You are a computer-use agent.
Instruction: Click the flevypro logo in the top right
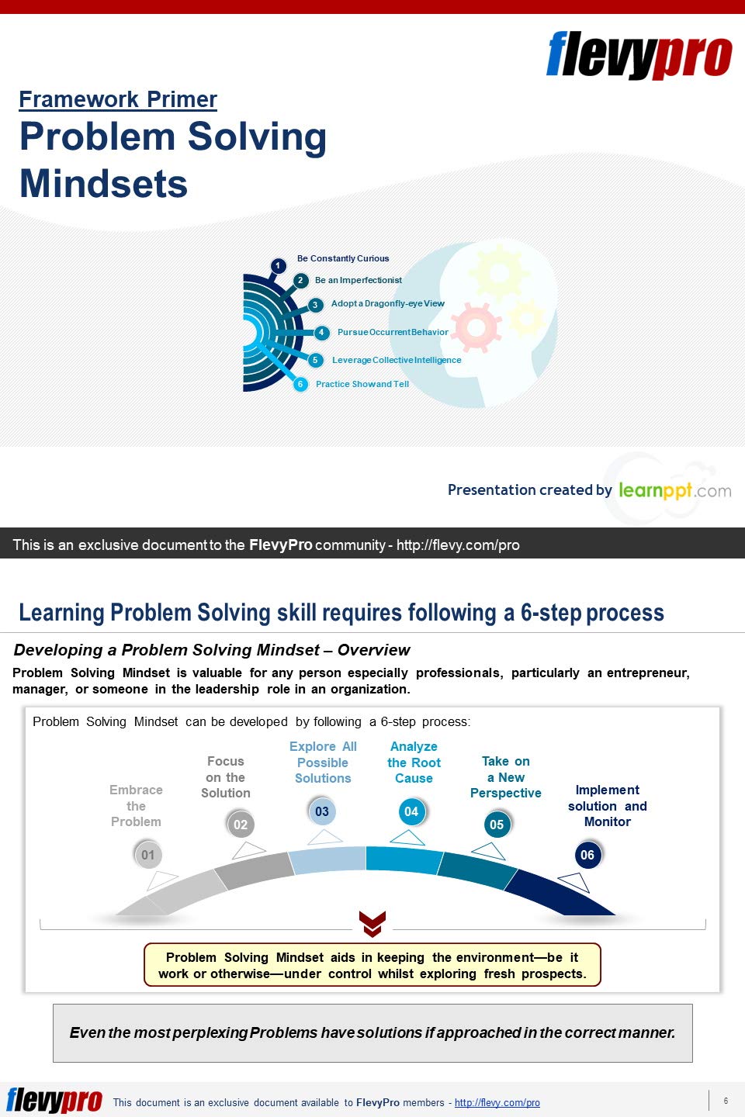639,55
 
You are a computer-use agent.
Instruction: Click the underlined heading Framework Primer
118,99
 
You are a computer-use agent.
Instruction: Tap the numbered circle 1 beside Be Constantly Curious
278,266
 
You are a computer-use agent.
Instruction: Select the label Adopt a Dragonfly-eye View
388,303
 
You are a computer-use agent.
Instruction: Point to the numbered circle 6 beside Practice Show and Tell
300,384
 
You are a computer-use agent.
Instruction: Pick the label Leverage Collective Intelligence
397,360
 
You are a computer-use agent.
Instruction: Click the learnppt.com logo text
675,491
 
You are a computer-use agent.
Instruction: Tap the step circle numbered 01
147,855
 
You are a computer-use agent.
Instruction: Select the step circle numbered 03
322,811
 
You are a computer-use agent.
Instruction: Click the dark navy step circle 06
587,855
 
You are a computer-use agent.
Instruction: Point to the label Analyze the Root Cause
414,763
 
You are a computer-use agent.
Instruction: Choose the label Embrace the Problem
136,806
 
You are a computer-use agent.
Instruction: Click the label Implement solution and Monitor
608,806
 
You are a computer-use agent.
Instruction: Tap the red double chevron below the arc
372,924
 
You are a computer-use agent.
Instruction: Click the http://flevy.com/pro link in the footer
497,1102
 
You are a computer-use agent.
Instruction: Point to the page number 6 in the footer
726,1101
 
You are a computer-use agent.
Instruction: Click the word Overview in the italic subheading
374,650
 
